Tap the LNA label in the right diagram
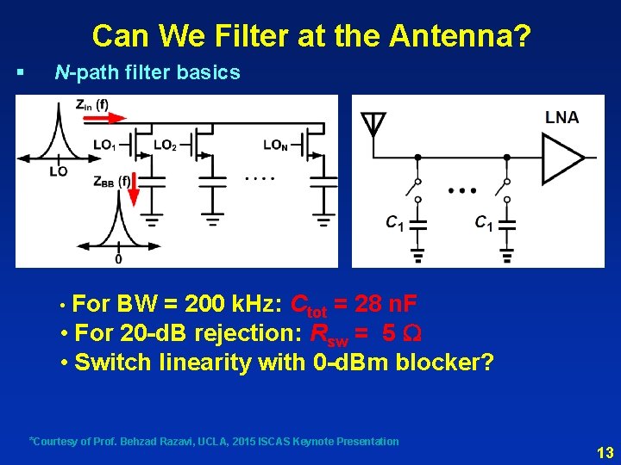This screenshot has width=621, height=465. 561,118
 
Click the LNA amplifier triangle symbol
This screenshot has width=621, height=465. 561,158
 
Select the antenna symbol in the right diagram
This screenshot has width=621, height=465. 373,126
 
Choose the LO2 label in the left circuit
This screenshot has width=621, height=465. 165,145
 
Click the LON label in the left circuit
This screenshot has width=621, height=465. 276,145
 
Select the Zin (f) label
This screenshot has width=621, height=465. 91,105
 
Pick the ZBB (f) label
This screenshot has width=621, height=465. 111,181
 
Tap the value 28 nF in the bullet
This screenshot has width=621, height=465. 384,304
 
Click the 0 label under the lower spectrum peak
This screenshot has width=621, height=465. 118,258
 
